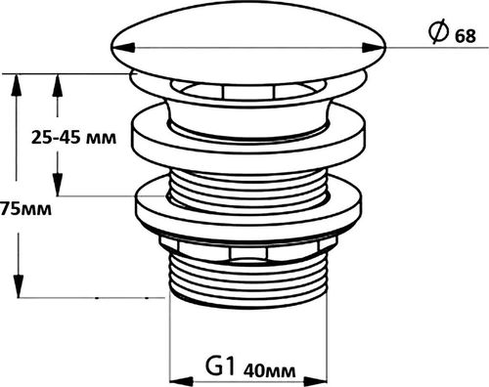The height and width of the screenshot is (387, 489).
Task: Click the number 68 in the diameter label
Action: (465, 38)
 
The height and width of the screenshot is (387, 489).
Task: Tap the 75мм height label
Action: (26, 209)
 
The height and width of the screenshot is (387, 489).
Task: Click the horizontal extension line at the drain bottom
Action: (98, 296)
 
